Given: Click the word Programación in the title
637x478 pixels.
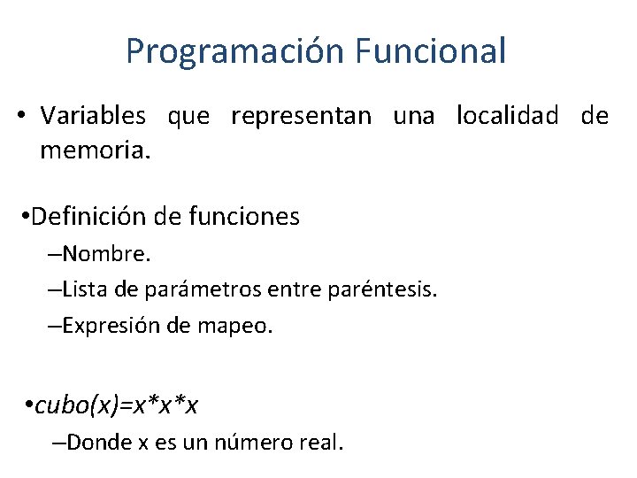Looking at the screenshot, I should click(234, 51).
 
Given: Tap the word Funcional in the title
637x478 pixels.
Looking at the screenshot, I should click(431, 50).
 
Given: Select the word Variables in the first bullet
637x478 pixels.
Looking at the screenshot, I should click(94, 116).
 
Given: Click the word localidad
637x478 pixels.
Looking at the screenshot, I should click(508, 116).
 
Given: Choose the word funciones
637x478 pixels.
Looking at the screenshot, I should click(245, 216).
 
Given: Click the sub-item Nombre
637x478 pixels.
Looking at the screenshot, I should click(105, 255).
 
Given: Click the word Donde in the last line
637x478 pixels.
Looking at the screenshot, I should click(95, 442).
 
